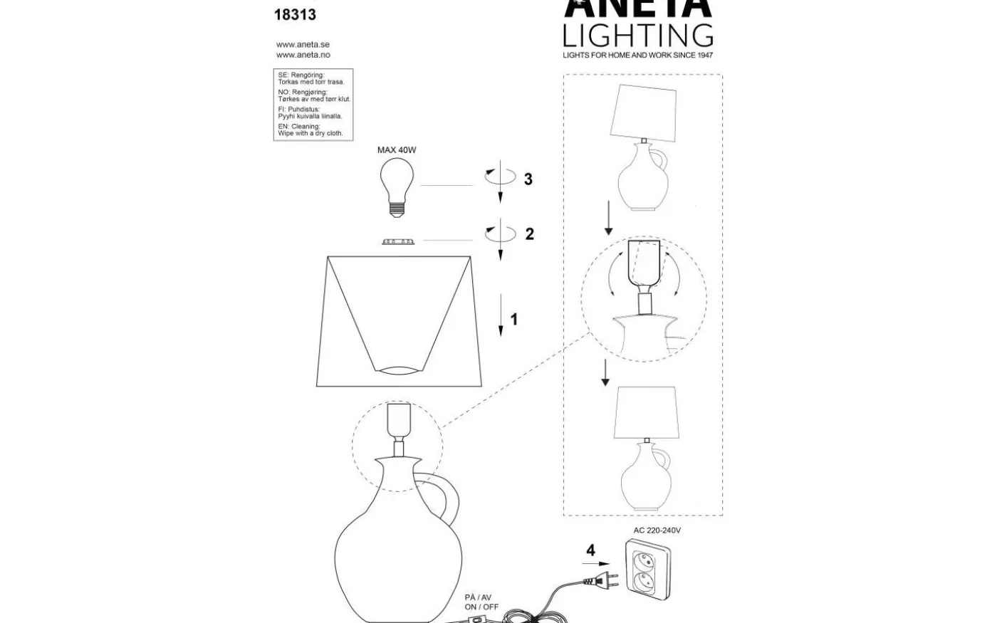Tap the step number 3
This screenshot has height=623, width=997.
[528, 179]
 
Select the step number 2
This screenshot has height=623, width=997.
[529, 234]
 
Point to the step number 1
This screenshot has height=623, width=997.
[514, 320]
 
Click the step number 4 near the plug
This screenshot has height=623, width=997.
[590, 550]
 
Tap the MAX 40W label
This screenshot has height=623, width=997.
[397, 150]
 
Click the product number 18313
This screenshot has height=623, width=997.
[295, 14]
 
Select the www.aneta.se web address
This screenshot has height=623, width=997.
[303, 44]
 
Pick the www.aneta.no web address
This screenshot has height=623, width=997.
[303, 55]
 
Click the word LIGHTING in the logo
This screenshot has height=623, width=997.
[637, 35]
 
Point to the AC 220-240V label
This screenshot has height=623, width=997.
[657, 530]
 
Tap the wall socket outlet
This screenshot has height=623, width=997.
[648, 566]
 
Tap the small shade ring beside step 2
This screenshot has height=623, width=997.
[398, 242]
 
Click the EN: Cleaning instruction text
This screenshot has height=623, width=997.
[310, 130]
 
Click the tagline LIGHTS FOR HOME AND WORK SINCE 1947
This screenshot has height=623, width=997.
[637, 55]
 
